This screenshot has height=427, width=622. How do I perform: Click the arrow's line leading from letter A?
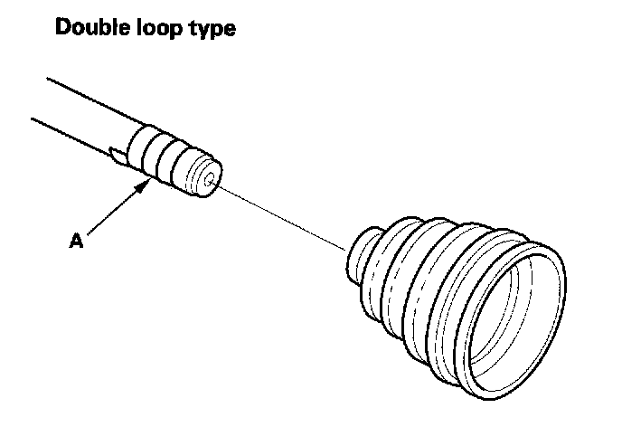[113, 213]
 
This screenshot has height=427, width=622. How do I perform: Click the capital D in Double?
[64, 28]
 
